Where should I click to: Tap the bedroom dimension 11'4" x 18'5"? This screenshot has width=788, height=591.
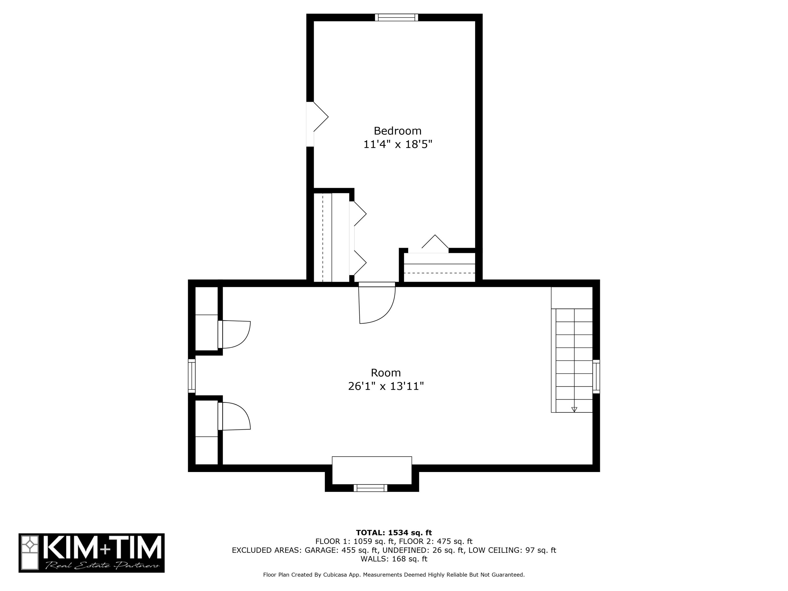click(398, 144)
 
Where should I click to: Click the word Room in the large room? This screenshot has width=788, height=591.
click(386, 373)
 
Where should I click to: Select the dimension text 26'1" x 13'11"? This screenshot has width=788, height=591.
click(386, 386)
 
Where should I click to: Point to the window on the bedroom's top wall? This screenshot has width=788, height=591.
click(396, 17)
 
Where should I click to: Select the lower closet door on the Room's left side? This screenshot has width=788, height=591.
click(234, 416)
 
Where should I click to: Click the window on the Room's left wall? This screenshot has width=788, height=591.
click(192, 376)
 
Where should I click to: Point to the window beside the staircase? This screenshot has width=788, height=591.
click(596, 377)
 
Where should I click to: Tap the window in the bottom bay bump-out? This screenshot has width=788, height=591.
click(370, 488)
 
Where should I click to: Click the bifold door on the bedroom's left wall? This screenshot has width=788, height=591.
click(317, 124)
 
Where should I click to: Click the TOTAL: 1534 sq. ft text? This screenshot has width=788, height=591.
click(394, 533)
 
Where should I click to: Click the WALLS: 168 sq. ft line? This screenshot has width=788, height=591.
click(394, 559)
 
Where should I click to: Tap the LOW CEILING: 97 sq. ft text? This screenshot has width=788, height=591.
click(512, 550)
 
